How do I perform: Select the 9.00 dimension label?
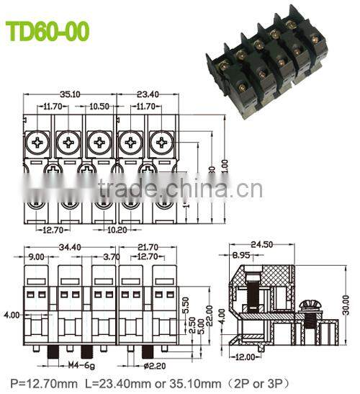coord(36,256)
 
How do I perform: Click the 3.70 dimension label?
coord(111,256)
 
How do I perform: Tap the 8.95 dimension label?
coord(241,255)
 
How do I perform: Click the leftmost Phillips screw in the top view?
coord(36,143)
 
